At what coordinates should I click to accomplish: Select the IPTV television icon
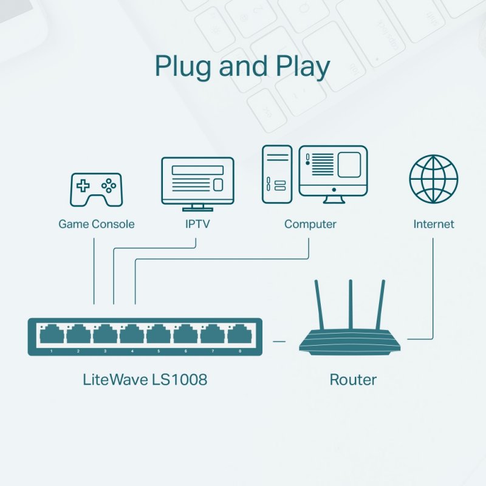[197, 181]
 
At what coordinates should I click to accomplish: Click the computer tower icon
[277, 174]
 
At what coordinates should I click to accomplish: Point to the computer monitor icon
[334, 173]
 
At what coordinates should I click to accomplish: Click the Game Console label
[96, 224]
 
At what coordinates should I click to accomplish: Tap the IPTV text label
[197, 224]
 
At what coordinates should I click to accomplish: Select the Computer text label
[310, 224]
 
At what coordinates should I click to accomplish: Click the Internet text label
[433, 224]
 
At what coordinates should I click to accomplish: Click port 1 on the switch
[52, 334]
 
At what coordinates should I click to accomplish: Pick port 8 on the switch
[240, 334]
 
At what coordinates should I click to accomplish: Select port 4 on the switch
[132, 334]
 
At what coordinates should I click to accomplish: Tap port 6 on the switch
[186, 334]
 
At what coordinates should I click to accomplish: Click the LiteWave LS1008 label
[145, 380]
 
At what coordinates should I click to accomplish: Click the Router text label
[353, 380]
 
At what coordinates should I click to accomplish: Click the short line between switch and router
[279, 341]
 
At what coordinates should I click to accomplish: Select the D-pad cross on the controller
[83, 185]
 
